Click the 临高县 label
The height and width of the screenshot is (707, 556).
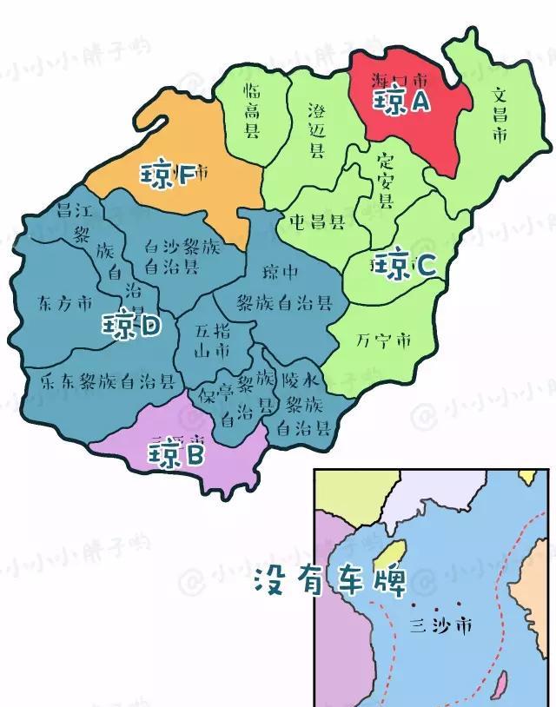(x=252, y=109)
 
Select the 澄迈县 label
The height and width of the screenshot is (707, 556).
(x=317, y=129)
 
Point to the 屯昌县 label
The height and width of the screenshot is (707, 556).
(x=317, y=221)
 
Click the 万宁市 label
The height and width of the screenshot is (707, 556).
(x=383, y=340)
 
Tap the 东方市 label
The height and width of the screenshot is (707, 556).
(x=65, y=303)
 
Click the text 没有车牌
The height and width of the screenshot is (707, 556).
(x=330, y=581)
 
